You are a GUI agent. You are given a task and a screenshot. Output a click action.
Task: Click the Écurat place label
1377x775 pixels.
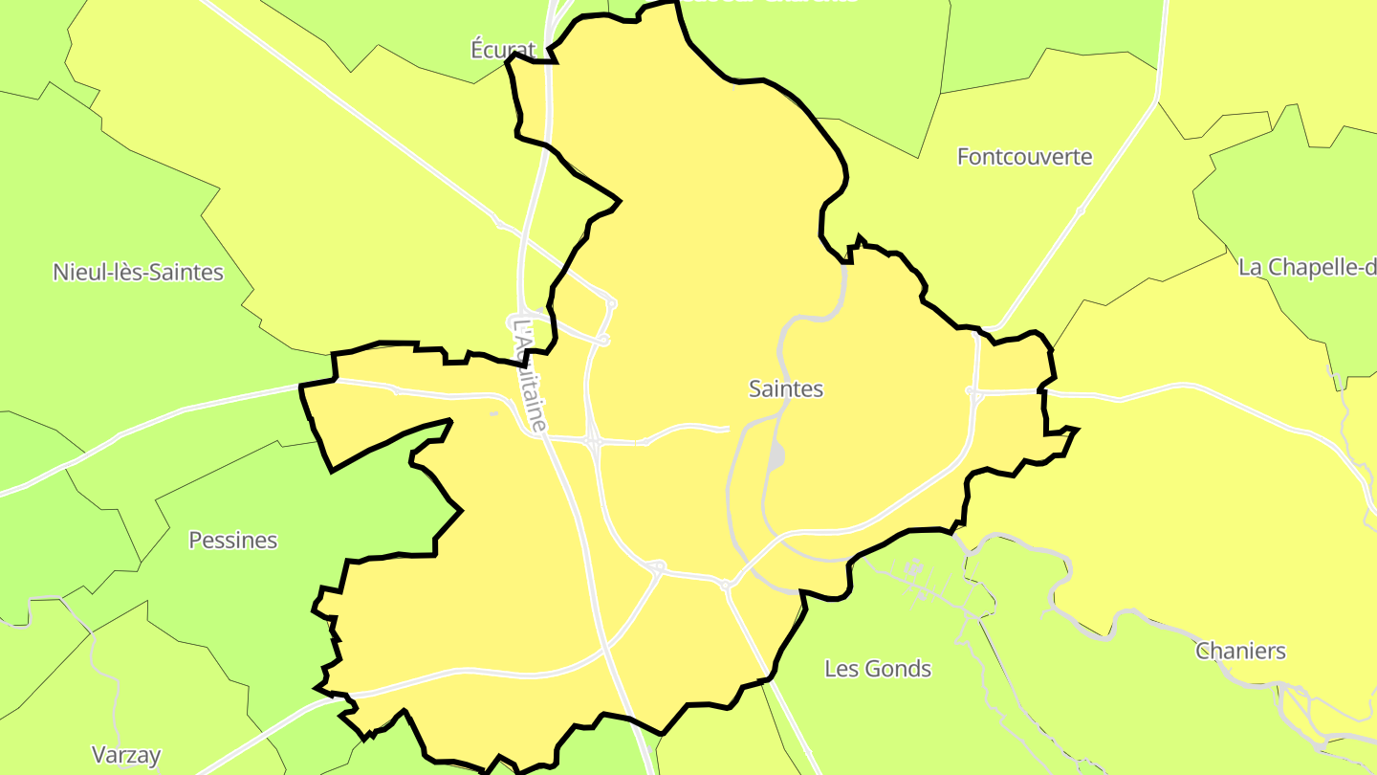pyautogui.click(x=503, y=50)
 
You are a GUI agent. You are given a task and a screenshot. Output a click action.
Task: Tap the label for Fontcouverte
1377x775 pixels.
pyautogui.click(x=1024, y=157)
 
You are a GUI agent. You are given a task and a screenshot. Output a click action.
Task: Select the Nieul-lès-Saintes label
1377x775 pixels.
pyautogui.click(x=138, y=272)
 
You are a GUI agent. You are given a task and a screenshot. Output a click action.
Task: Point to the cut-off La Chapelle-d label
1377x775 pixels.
pyautogui.click(x=1307, y=267)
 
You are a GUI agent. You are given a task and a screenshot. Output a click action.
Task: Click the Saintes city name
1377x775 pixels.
pyautogui.click(x=786, y=389)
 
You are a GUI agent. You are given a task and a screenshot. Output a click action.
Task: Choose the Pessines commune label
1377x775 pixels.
pyautogui.click(x=232, y=541)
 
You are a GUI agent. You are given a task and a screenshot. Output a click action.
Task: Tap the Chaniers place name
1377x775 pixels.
pyautogui.click(x=1240, y=652)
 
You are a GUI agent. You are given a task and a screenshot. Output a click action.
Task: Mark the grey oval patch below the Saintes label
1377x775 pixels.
pyautogui.click(x=776, y=457)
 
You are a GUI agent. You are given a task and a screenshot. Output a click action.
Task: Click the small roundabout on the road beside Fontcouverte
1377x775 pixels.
pyautogui.click(x=1081, y=210)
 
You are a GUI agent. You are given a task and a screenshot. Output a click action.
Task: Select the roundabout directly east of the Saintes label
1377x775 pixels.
pyautogui.click(x=971, y=390)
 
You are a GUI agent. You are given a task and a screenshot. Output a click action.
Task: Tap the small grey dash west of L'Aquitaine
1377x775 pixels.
pyautogui.click(x=493, y=413)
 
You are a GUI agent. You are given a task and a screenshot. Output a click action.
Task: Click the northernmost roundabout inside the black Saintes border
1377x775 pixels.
pyautogui.click(x=612, y=303)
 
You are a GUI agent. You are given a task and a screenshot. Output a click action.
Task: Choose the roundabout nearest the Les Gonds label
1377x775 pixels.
pyautogui.click(x=725, y=585)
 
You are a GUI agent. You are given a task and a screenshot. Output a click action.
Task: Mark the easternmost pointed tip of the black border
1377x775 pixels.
pyautogui.click(x=1078, y=429)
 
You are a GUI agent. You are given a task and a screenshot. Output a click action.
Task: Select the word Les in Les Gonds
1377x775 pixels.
pyautogui.click(x=841, y=669)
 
